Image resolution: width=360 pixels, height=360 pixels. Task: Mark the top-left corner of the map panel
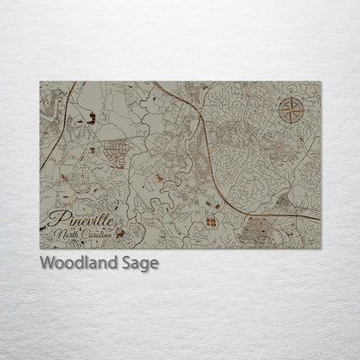pos(41,81)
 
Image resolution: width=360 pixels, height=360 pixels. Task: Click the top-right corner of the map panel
pos(320,81)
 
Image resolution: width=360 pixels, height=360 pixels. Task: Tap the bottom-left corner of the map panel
pos(41,249)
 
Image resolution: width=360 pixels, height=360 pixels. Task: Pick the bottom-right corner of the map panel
pos(320,249)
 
